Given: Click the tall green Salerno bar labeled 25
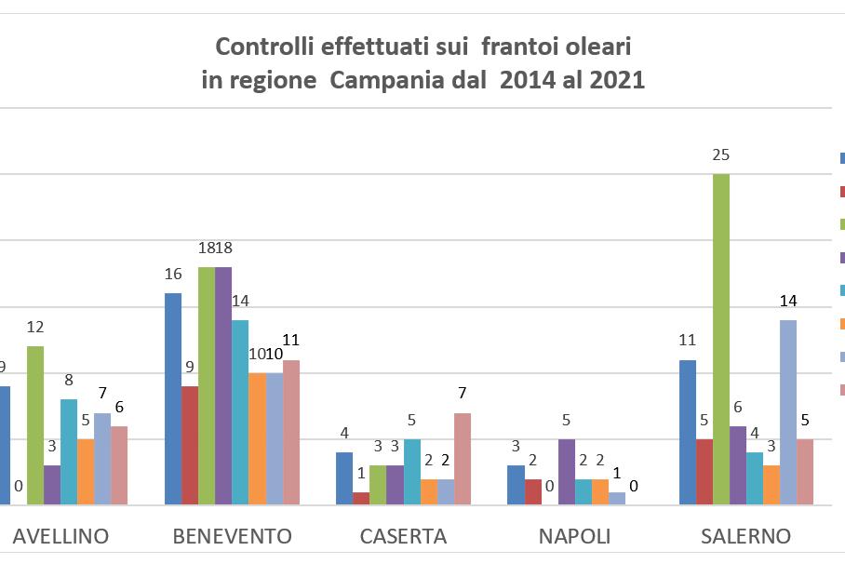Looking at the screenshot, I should [x=721, y=340].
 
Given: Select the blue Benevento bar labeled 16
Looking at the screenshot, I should [x=172, y=399].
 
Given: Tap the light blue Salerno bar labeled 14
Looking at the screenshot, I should [x=788, y=412].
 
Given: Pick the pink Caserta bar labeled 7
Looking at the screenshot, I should [x=462, y=459].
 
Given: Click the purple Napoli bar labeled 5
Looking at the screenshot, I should [x=566, y=472].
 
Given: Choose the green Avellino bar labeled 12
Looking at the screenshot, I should [x=35, y=425].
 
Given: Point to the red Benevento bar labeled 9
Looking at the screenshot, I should [x=189, y=446].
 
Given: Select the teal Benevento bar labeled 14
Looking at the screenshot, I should [x=239, y=412].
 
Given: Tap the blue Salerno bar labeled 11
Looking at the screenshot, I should [x=688, y=433].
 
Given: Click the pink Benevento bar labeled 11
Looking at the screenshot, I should [x=291, y=433].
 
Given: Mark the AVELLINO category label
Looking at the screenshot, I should [x=60, y=537].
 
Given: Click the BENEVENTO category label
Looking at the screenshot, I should [x=233, y=537].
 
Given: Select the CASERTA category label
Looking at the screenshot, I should [x=403, y=537].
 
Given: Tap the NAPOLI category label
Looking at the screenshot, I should [x=574, y=537].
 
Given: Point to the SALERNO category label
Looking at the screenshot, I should [x=745, y=537].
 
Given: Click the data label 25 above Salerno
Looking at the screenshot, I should [x=721, y=155].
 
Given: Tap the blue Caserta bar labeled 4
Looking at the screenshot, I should [x=344, y=478].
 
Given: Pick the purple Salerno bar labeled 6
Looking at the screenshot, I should [x=738, y=465].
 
